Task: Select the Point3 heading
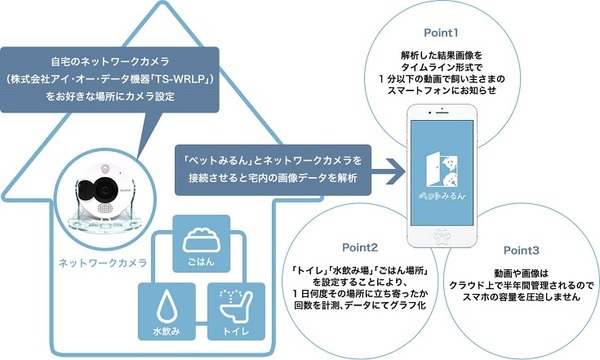521,249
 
